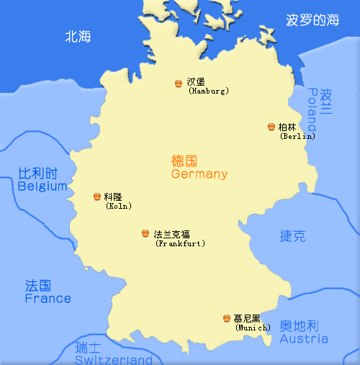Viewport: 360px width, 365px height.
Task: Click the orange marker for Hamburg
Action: click(x=179, y=84)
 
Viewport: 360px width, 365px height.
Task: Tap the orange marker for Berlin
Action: click(x=271, y=127)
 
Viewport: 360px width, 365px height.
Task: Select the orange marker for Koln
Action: click(x=97, y=197)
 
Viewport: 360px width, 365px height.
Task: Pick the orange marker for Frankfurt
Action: click(x=145, y=234)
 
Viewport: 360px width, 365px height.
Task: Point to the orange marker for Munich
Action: click(x=227, y=318)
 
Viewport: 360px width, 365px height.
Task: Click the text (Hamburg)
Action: click(x=208, y=91)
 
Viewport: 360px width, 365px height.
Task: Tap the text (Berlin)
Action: click(x=297, y=135)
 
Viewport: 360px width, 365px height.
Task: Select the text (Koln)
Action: click(x=117, y=206)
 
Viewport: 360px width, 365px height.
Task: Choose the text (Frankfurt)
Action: click(x=180, y=243)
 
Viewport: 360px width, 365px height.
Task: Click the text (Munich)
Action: click(x=253, y=328)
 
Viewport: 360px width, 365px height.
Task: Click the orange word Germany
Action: click(x=199, y=174)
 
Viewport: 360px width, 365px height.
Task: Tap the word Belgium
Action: click(x=42, y=186)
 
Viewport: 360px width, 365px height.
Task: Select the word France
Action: click(x=48, y=298)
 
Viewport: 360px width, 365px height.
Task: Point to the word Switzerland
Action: click(x=114, y=359)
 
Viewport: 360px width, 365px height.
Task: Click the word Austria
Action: click(x=304, y=338)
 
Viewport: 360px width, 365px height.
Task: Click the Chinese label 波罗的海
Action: click(x=312, y=20)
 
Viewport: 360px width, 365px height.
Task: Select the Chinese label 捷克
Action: click(x=292, y=235)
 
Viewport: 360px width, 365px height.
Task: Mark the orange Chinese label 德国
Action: click(x=184, y=161)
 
